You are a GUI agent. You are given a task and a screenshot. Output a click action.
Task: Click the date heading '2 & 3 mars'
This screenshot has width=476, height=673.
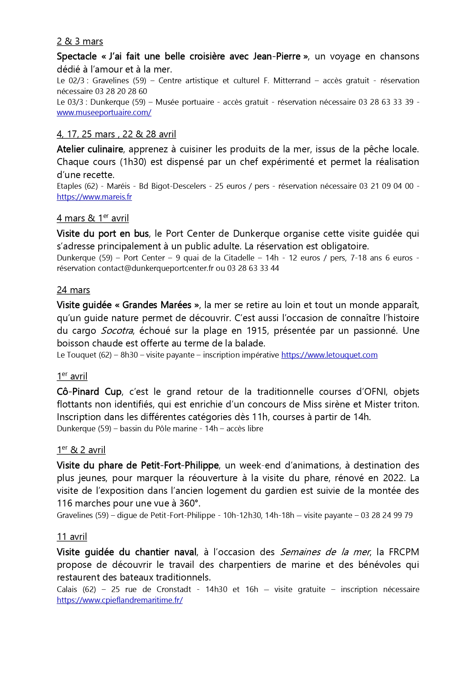[80, 41]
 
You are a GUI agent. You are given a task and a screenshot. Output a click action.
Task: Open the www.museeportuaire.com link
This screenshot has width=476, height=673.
[104, 112]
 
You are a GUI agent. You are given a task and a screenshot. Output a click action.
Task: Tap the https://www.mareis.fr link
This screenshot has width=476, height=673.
[94, 197]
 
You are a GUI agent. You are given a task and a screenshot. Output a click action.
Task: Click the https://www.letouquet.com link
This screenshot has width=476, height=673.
[329, 355]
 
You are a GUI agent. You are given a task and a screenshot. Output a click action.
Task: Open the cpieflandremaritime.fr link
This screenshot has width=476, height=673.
[120, 600]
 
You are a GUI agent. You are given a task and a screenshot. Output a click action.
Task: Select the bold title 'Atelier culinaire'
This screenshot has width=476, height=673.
[90, 149]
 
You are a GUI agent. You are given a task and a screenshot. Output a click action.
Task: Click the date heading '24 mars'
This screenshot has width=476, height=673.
[73, 290]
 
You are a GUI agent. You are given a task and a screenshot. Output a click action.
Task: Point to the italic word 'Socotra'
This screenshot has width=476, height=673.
[117, 331]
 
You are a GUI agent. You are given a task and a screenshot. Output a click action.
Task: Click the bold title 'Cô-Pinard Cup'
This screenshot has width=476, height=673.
[89, 392]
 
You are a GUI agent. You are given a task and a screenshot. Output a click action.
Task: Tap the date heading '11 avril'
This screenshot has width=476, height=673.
[72, 537]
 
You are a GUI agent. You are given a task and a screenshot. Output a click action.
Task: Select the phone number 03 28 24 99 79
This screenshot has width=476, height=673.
[387, 515]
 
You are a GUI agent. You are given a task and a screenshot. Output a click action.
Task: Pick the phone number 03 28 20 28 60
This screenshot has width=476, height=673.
[121, 91]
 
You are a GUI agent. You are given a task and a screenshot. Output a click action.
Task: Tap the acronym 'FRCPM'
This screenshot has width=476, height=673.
[404, 552]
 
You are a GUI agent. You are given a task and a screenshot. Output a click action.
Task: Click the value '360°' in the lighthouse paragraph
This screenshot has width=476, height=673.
[189, 503]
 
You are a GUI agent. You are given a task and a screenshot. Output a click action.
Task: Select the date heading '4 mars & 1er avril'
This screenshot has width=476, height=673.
[93, 218]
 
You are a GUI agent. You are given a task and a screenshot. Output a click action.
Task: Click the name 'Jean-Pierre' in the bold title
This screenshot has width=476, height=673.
[277, 56]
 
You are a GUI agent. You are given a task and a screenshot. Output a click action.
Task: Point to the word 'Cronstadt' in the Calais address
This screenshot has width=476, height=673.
[174, 589]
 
